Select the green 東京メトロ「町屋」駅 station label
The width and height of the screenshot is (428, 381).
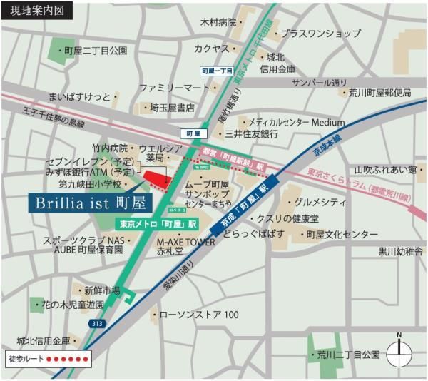point(158,223)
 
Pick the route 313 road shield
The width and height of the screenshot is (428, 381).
point(96,324)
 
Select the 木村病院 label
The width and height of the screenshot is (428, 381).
point(217,23)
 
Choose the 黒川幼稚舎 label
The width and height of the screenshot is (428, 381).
point(399,251)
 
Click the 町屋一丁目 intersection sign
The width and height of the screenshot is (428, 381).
point(217,71)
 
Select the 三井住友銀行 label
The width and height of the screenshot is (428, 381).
point(250,134)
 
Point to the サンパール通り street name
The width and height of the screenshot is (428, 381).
point(318,82)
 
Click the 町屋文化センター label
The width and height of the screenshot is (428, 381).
point(339,234)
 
